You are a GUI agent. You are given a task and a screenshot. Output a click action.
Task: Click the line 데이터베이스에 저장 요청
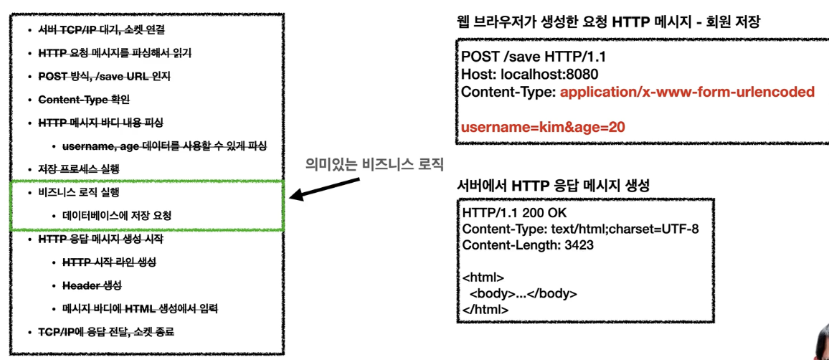pyautogui.click(x=117, y=215)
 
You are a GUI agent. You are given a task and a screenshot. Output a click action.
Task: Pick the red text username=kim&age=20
pyautogui.click(x=543, y=127)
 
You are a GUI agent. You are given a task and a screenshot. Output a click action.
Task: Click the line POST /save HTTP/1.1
pyautogui.click(x=526, y=57)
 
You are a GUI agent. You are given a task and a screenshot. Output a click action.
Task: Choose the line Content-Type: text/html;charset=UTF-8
pyautogui.click(x=580, y=229)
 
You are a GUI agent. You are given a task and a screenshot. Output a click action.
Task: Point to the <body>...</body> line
pyautogui.click(x=523, y=293)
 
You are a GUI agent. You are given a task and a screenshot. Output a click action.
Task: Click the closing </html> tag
pyautogui.click(x=485, y=309)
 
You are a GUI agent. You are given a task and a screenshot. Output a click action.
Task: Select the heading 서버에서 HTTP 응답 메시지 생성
pyautogui.click(x=554, y=185)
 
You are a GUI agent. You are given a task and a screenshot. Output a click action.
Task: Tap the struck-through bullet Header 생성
pyautogui.click(x=93, y=285)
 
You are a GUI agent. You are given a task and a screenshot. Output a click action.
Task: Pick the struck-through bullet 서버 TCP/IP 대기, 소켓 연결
pyautogui.click(x=101, y=30)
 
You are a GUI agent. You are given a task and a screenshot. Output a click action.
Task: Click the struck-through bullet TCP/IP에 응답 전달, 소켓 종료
pyautogui.click(x=106, y=332)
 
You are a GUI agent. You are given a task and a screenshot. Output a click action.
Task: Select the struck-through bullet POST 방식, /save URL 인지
pyautogui.click(x=104, y=76)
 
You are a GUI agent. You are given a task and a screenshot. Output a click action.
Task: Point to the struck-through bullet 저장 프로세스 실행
pyautogui.click(x=78, y=169)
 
